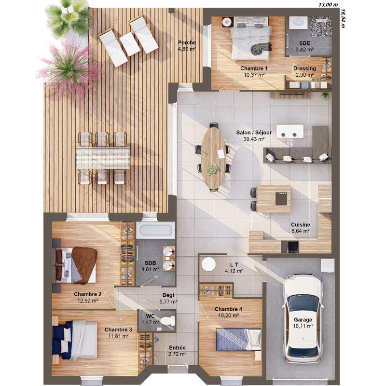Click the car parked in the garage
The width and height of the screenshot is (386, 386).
coord(303,318)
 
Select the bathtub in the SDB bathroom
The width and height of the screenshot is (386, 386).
coord(154,230)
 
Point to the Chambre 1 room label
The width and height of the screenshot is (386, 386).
coord(254,69)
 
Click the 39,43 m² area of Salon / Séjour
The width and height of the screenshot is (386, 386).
coord(254,139)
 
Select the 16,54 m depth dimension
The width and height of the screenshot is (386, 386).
coord(343,18)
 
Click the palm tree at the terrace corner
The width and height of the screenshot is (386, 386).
coord(68,18)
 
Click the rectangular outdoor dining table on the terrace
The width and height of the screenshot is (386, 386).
coord(103,158)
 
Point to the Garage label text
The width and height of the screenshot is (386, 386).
coord(303,320)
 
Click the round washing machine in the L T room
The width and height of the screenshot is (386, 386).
coord(208,264)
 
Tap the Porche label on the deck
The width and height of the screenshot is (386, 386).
coord(187,42)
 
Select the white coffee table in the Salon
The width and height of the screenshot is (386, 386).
coord(287,131)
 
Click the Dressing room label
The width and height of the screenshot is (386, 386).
coord(305,69)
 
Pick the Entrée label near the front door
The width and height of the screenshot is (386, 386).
coord(177,347)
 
